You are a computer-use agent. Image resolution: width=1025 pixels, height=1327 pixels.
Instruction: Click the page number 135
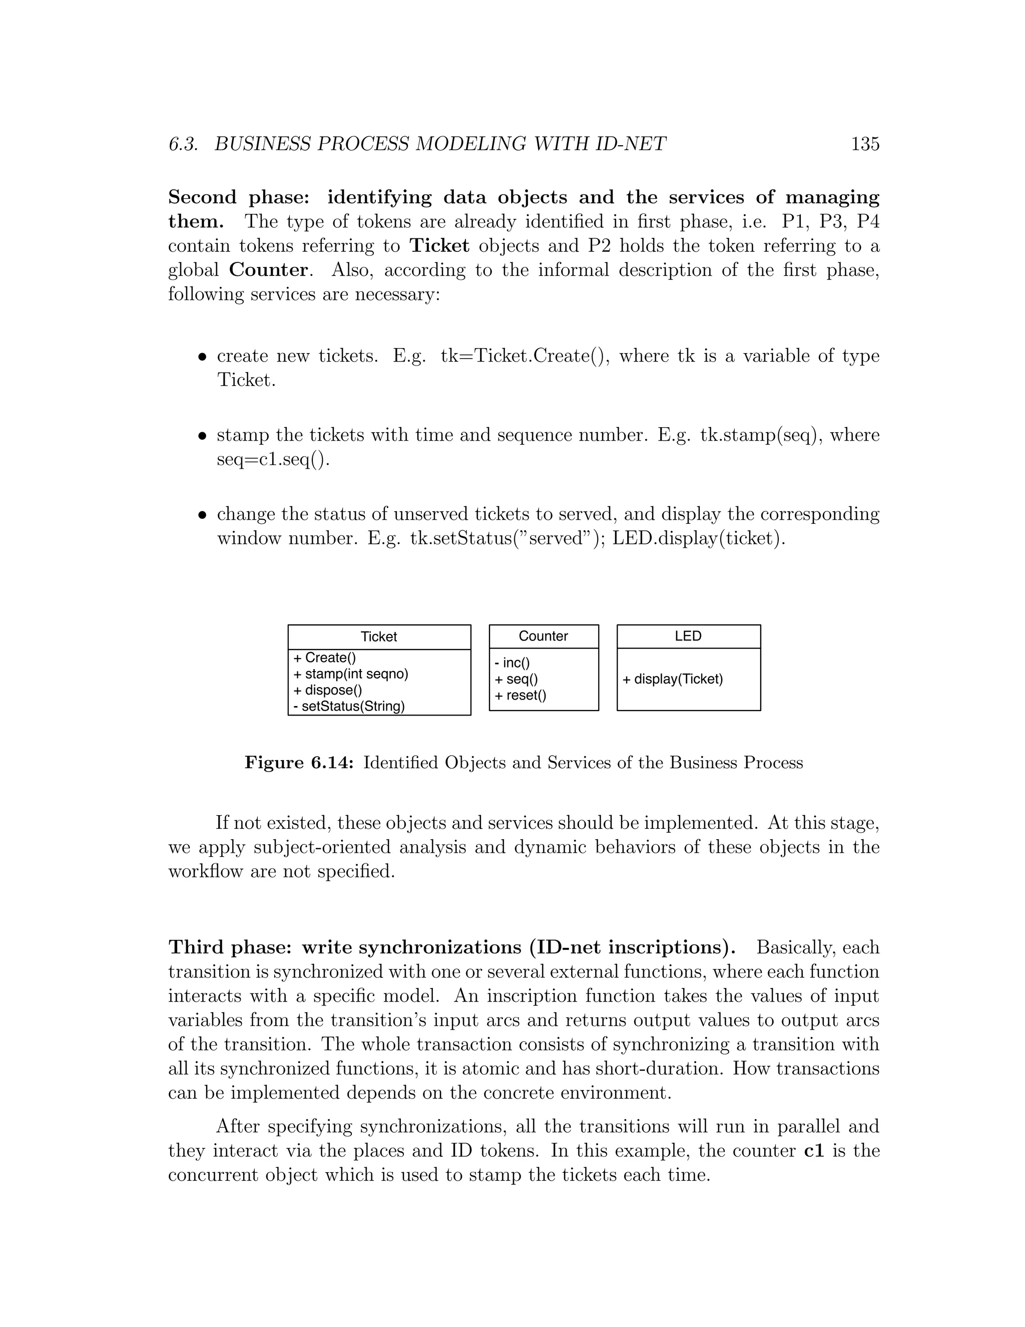pos(865,144)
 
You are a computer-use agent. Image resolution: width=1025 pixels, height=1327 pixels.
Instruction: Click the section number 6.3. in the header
pos(183,144)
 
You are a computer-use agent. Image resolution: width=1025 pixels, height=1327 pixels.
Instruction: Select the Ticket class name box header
pos(379,637)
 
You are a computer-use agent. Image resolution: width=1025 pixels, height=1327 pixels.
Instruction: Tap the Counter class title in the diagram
pos(543,636)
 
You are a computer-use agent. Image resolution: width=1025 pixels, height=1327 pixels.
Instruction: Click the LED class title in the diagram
pos(688,636)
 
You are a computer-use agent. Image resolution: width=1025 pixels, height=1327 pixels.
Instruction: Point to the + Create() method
pos(324,658)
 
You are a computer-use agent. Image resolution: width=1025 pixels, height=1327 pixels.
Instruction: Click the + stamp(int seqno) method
pos(350,674)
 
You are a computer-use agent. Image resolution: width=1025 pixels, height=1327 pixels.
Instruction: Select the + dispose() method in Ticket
pos(327,690)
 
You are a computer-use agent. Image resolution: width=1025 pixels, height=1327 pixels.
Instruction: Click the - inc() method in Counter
pos(512,663)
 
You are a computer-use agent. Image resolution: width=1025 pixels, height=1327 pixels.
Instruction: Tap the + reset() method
pos(521,696)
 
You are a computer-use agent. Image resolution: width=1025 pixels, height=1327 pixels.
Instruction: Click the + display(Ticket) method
pos(672,680)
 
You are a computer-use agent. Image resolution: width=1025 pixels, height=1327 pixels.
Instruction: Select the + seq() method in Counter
pos(516,680)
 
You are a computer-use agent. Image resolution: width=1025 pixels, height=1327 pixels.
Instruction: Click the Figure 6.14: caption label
pos(299,763)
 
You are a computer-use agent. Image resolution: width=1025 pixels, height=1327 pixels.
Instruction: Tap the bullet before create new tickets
pos(203,357)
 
